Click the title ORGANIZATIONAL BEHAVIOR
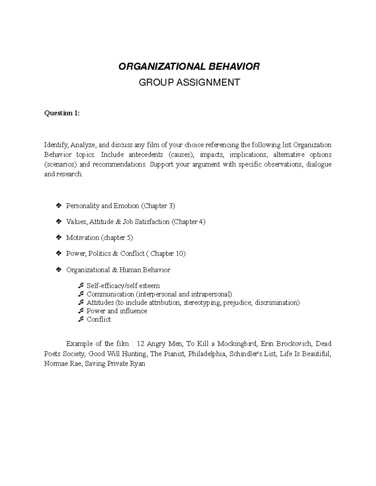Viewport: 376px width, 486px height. click(x=189, y=67)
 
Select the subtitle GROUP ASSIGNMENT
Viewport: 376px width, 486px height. click(x=189, y=82)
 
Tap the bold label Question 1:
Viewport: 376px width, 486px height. click(x=62, y=113)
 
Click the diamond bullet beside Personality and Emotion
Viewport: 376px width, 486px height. click(x=58, y=206)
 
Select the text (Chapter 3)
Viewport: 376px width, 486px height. click(x=158, y=206)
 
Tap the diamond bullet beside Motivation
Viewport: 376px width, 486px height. click(x=58, y=238)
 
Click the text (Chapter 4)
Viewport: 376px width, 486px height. click(x=188, y=222)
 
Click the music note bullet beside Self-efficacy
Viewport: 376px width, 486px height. click(x=81, y=286)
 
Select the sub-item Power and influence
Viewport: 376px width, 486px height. click(x=117, y=311)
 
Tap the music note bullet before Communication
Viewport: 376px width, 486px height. click(x=81, y=294)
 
